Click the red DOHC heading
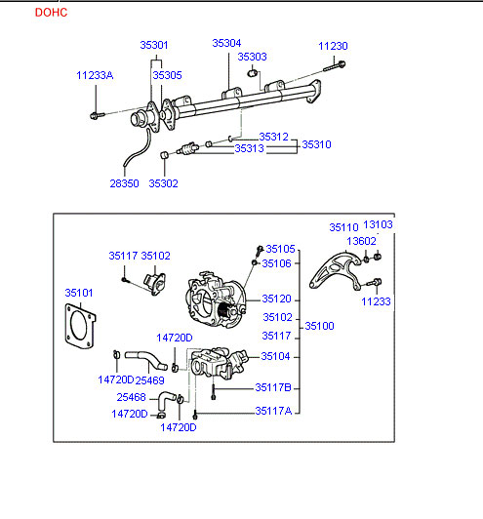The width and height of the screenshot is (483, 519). click(51, 13)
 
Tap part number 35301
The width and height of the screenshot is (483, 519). click(154, 45)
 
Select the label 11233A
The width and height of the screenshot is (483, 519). click(95, 75)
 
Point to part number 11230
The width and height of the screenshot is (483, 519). click(333, 46)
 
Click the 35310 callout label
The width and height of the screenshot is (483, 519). click(316, 144)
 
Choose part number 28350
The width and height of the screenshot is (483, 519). click(124, 183)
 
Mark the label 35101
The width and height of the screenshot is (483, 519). click(79, 293)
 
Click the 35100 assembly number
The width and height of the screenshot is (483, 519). click(319, 326)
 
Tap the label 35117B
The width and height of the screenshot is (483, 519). click(273, 387)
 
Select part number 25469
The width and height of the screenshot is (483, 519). click(149, 380)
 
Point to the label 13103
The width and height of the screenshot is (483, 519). click(378, 224)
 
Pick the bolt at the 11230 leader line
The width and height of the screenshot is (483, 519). click(335, 66)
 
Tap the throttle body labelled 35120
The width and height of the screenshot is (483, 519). click(216, 299)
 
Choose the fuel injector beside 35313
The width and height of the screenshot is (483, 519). click(187, 148)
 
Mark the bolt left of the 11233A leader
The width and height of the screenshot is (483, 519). click(97, 115)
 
